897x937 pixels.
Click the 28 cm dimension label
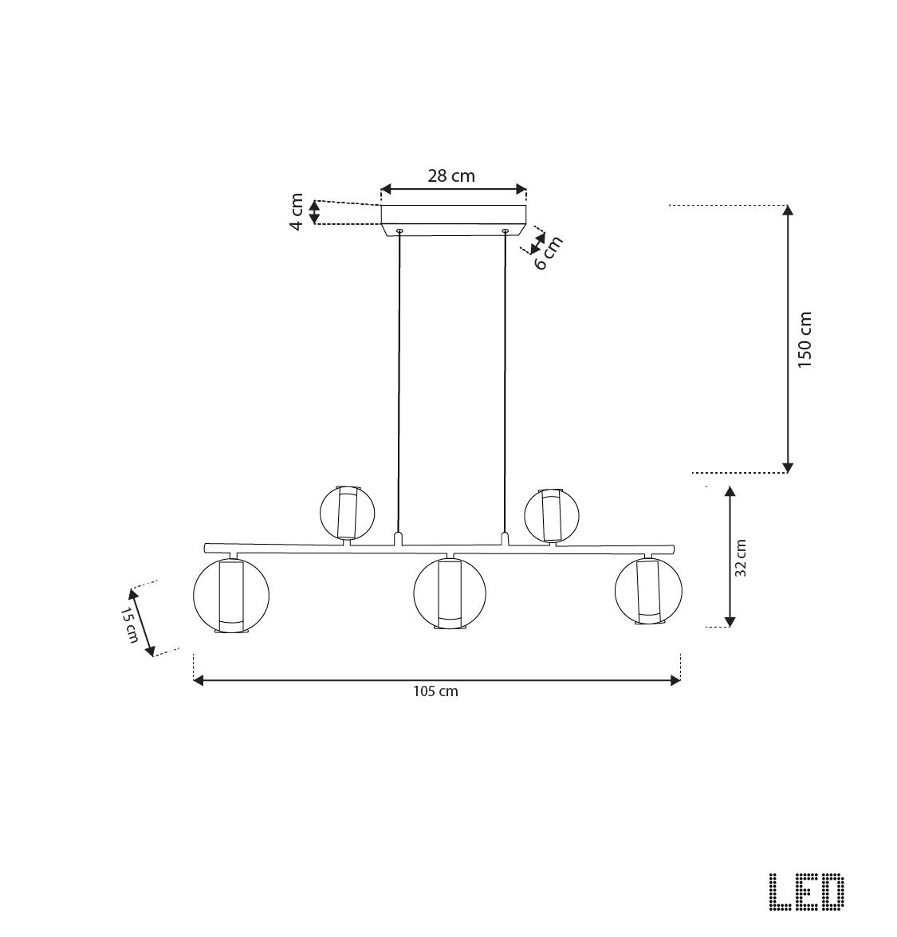coord(450,176)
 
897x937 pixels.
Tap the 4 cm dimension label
coord(297,212)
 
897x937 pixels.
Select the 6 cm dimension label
coord(548,253)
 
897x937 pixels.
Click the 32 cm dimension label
coord(741,557)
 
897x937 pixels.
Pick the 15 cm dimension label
coord(129,625)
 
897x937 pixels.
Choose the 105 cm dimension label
coord(435,691)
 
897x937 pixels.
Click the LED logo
coord(806,892)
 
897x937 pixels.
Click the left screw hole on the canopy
coord(399,231)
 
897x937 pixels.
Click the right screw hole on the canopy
coord(505,231)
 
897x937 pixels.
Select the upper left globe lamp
coord(347,512)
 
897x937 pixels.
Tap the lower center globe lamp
coord(450,593)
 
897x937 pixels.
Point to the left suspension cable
coord(399,383)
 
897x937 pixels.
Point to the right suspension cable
coord(505,383)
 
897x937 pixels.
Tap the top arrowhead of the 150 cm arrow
coord(788,211)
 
